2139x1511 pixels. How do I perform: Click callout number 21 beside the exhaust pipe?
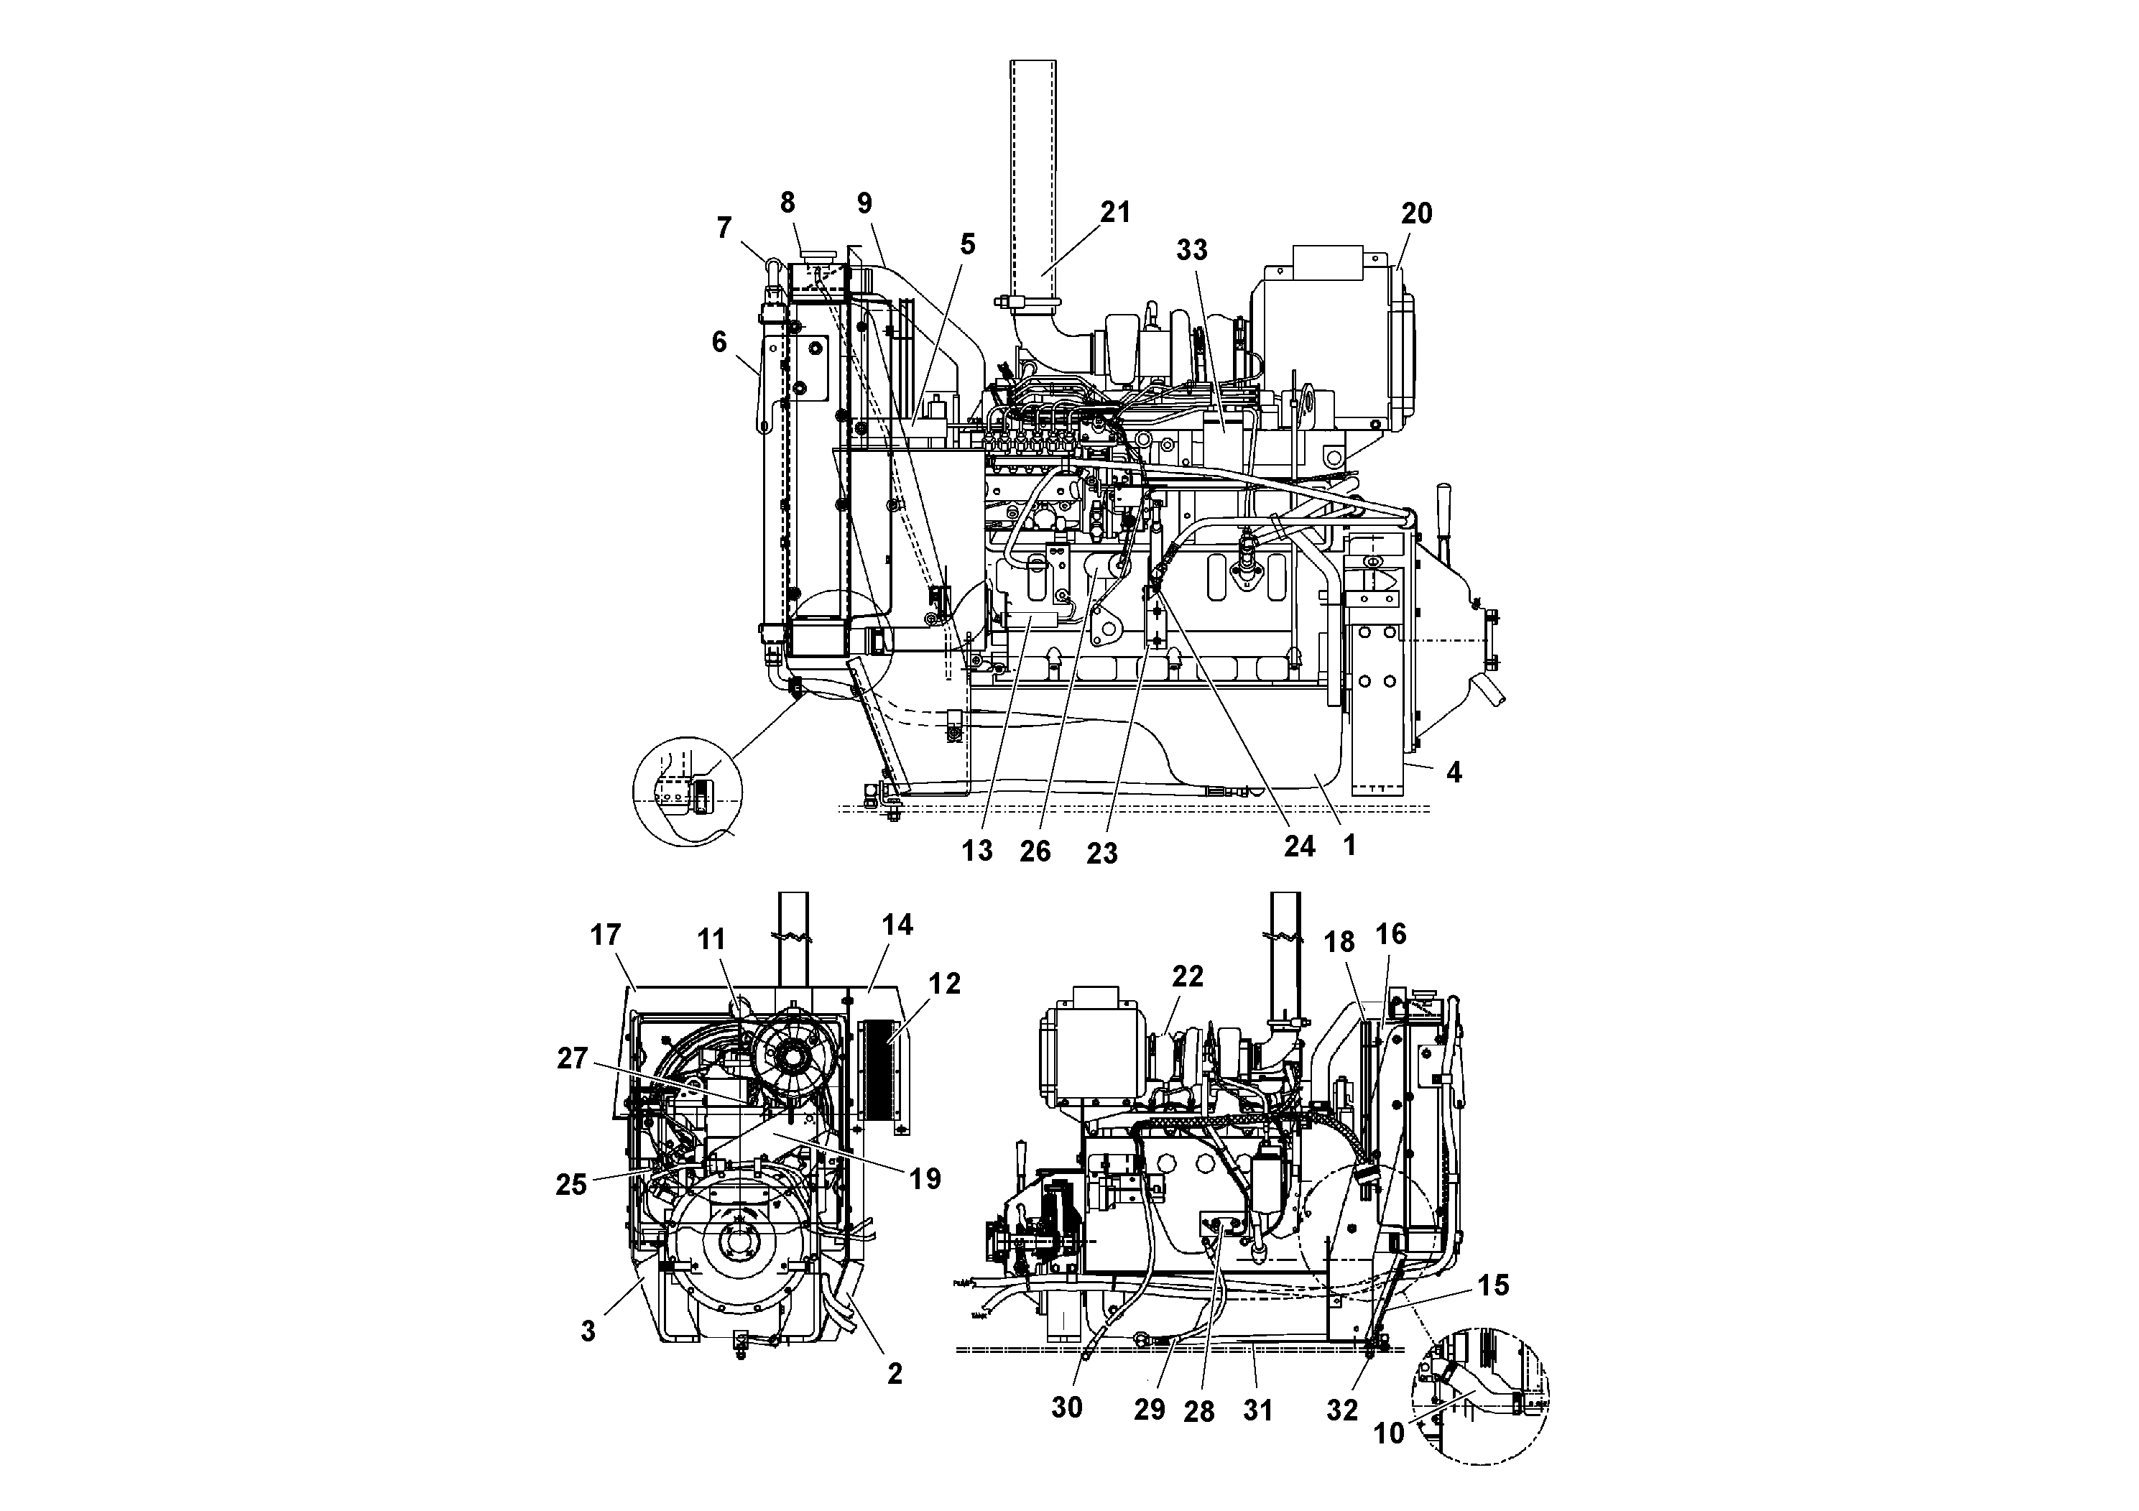1114,213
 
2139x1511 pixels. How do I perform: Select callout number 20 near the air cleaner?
1416,213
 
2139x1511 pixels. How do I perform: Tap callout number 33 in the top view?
1191,249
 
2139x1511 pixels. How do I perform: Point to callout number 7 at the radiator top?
724,227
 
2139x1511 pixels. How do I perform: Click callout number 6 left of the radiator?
719,342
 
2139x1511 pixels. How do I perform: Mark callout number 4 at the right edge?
1454,772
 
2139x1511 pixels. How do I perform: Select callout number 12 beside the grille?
943,984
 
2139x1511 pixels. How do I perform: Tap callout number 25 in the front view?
571,1185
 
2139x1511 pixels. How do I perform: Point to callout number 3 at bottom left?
588,1331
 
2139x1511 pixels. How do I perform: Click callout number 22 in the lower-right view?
1187,976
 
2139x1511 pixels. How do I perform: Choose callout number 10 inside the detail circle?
1388,1433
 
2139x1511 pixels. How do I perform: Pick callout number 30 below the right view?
1067,1407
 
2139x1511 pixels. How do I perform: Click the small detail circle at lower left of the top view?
687,791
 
